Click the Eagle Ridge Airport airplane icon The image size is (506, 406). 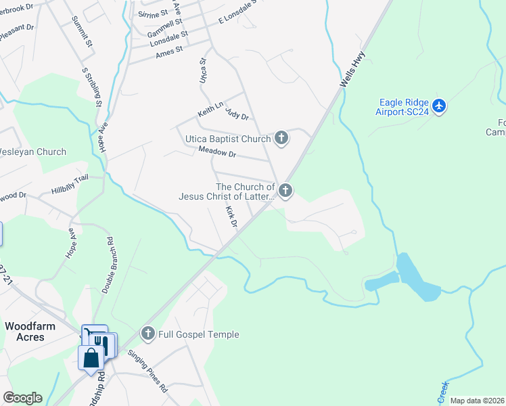point(440,106)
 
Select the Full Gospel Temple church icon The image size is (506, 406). point(148,333)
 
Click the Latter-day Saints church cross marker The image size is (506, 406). point(285,191)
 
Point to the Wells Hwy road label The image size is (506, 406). point(352,70)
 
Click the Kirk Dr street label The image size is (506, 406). point(232,217)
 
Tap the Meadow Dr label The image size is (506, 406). point(216,154)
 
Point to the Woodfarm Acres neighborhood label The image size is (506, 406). point(30,332)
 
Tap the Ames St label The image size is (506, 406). point(169,51)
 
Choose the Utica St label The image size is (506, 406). point(202,70)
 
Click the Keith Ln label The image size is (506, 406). point(210,108)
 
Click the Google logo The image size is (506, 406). point(22,398)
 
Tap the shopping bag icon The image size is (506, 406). point(90,357)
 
